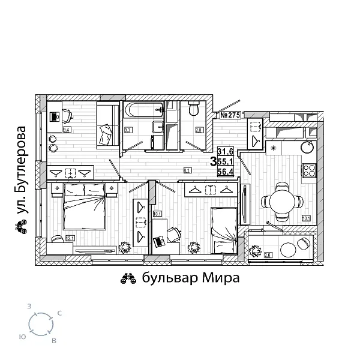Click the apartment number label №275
pos(229,115)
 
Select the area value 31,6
pos(226,151)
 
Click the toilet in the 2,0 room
pos(193,110)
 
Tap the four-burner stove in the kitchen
pos(309,170)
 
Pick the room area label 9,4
pos(67,129)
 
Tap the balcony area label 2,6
pos(268,255)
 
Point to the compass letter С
pos(59,313)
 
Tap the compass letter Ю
pos(22,336)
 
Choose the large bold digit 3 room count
pos(213,161)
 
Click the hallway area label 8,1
pos(187,170)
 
